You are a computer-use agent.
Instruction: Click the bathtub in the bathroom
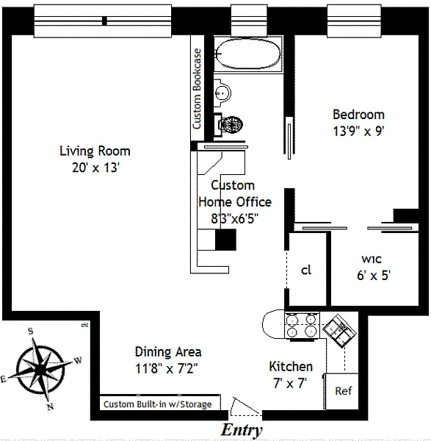click(x=247, y=54)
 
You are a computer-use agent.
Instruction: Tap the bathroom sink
click(x=222, y=93)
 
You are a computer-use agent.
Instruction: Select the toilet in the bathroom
click(x=228, y=123)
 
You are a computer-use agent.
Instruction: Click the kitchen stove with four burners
click(x=302, y=326)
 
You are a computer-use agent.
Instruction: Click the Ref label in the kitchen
click(x=344, y=391)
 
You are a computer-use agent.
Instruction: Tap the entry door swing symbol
click(x=245, y=406)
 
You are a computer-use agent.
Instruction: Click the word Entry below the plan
click(x=242, y=430)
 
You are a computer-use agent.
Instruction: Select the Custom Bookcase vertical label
click(x=198, y=89)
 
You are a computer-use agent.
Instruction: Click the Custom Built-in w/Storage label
click(x=157, y=404)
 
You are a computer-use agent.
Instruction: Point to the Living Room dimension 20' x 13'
click(x=95, y=168)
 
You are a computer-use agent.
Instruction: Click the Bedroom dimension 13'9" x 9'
click(x=358, y=131)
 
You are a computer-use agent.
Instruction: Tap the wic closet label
click(x=372, y=259)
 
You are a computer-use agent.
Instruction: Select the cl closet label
click(x=306, y=270)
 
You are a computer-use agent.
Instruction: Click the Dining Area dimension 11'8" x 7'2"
click(x=167, y=368)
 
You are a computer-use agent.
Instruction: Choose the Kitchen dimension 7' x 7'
click(x=290, y=384)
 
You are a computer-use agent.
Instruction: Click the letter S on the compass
click(x=31, y=331)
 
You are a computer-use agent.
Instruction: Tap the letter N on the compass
click(x=50, y=406)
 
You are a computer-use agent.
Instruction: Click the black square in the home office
click(x=225, y=240)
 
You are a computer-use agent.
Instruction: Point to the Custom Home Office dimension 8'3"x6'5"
click(x=235, y=218)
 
